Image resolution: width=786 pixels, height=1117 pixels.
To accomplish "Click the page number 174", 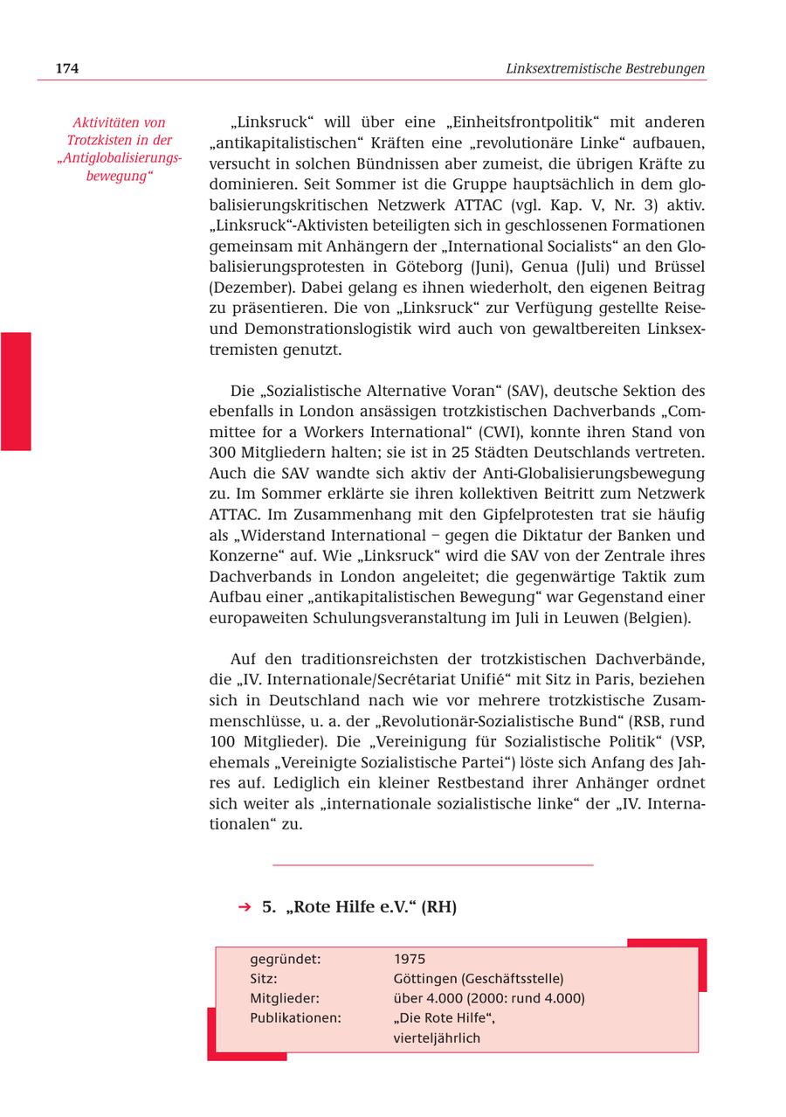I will [x=66, y=68].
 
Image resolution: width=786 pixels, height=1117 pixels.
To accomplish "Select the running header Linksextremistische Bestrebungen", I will [x=605, y=68].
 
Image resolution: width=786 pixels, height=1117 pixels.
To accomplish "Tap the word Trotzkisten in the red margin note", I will [x=103, y=140].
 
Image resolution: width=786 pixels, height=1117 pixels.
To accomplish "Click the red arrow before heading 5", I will [x=245, y=907].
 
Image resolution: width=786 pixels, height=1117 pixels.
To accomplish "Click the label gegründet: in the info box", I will [x=285, y=959].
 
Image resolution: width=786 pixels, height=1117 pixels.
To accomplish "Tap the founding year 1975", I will [x=410, y=959].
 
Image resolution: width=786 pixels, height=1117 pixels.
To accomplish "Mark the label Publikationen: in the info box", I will [x=295, y=1018].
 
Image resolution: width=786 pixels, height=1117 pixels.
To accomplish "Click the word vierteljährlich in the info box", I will [x=437, y=1038].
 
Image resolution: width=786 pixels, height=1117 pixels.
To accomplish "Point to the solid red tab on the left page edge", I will [x=16, y=391].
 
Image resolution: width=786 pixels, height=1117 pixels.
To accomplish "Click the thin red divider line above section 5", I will [x=432, y=865].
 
